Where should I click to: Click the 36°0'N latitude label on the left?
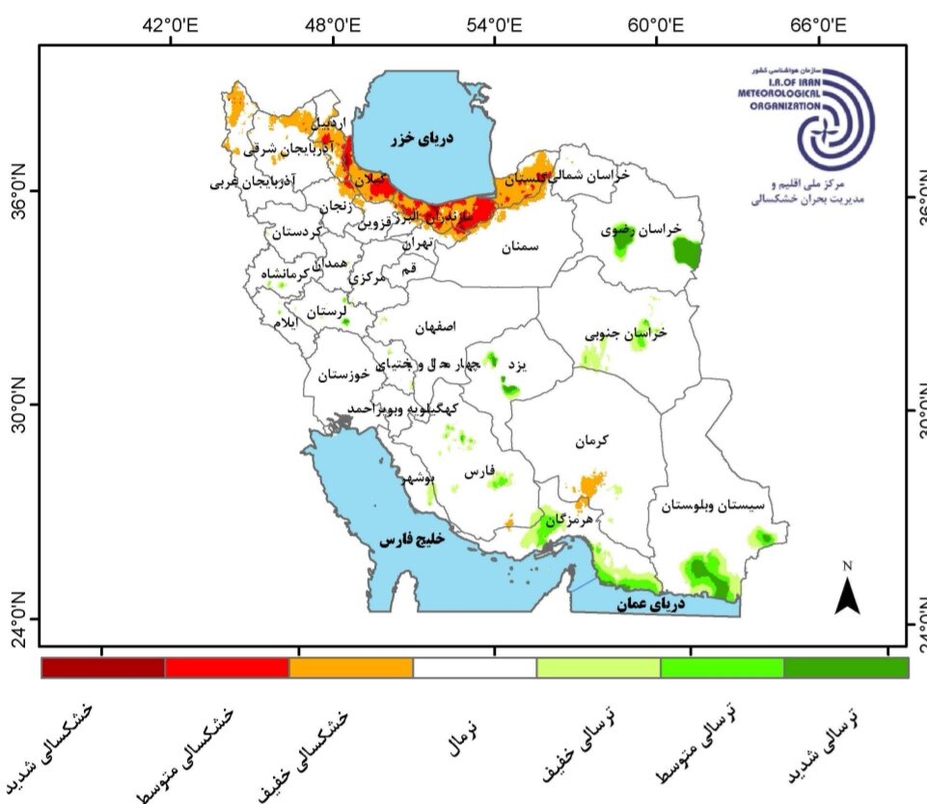[x=18, y=190]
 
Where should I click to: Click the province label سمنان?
[x=520, y=247]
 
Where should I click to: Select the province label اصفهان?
[x=433, y=327]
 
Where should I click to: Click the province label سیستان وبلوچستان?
[x=715, y=504]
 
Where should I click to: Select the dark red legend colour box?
[x=103, y=667]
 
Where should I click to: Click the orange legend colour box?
[x=351, y=667]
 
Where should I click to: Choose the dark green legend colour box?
[x=846, y=667]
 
